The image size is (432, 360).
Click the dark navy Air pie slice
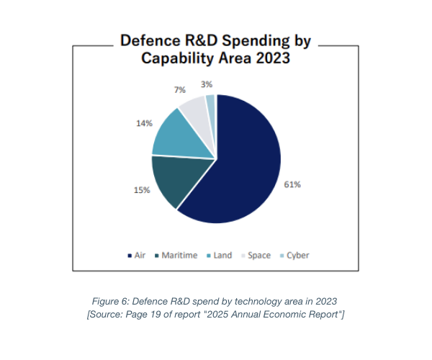click(241, 158)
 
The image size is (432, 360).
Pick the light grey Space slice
click(194, 108)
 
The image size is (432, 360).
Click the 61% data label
click(292, 185)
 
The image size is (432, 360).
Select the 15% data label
click(141, 190)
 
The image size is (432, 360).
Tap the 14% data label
click(143, 124)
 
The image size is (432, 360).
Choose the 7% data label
click(179, 90)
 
